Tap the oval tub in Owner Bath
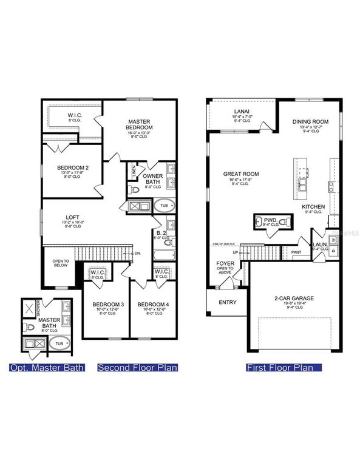pos(164,206)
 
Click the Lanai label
pos(241,111)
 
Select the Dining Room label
pos(310,122)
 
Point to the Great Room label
pos(241,174)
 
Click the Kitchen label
pos(314,207)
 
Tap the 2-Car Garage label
pos(293,298)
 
